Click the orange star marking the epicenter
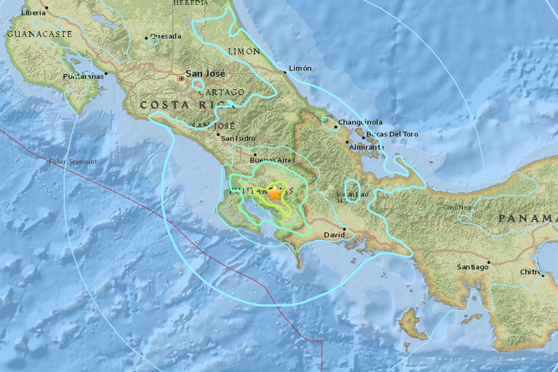pyautogui.click(x=275, y=193)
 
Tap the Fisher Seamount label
pyautogui.click(x=73, y=161)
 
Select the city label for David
pyautogui.click(x=334, y=235)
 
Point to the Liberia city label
pyautogui.click(x=33, y=13)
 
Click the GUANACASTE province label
pyautogui.click(x=40, y=34)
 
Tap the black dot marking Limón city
pyautogui.click(x=285, y=72)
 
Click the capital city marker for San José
pyautogui.click(x=181, y=79)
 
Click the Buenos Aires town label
pyautogui.click(x=272, y=159)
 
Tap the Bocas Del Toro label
pyautogui.click(x=392, y=134)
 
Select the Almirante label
pyautogui.click(x=367, y=147)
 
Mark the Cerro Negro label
pyautogui.click(x=460, y=207)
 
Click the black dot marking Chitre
pyautogui.click(x=543, y=275)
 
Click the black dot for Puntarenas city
pyautogui.click(x=106, y=73)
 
